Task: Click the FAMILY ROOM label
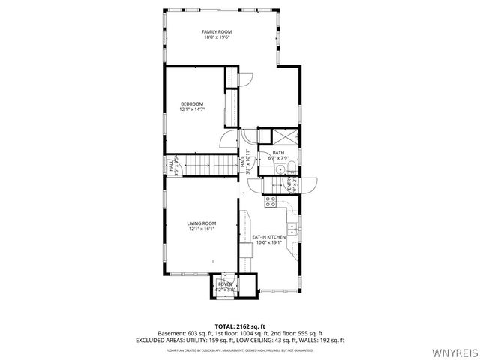pos(217,31)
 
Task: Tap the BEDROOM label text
pos(192,103)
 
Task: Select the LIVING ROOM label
pos(201,223)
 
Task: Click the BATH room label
pos(278,152)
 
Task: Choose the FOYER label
pos(225,283)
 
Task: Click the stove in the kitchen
pos(270,201)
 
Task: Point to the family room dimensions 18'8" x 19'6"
pos(217,37)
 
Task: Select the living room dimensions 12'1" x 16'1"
pos(201,229)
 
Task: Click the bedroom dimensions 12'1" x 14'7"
pos(192,109)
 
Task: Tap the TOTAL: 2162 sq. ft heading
pos(240,326)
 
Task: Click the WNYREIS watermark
pos(454,352)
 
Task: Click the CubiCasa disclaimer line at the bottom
pos(240,349)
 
